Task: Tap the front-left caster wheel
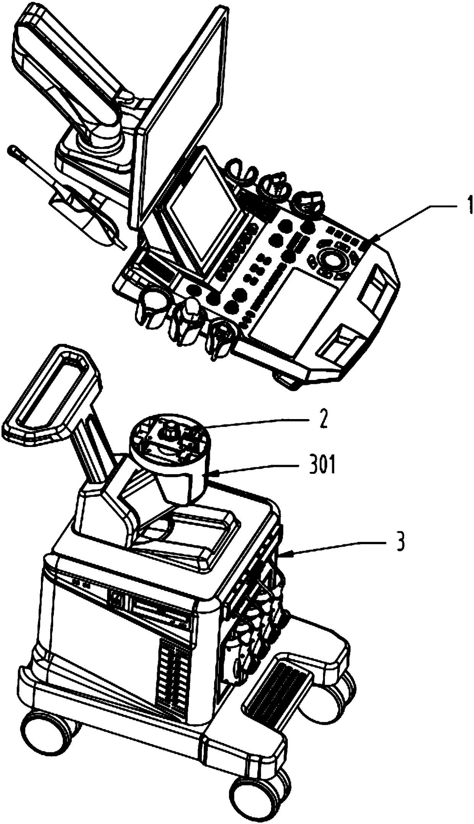click(46, 729)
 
